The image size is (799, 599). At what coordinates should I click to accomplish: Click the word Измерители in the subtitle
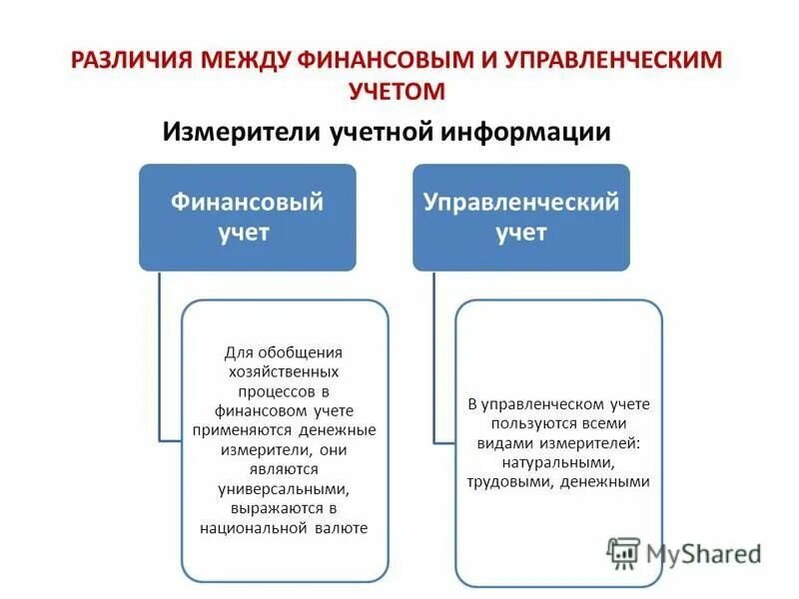242,131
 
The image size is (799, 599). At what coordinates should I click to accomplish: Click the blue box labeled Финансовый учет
247,217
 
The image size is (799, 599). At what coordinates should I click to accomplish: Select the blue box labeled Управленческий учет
520,217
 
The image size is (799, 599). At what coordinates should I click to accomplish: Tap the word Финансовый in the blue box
247,203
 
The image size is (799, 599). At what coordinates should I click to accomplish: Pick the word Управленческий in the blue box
520,203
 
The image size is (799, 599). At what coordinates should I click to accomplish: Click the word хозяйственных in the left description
283,370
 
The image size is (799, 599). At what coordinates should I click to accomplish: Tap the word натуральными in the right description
558,462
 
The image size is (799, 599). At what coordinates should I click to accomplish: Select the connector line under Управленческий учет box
434,359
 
